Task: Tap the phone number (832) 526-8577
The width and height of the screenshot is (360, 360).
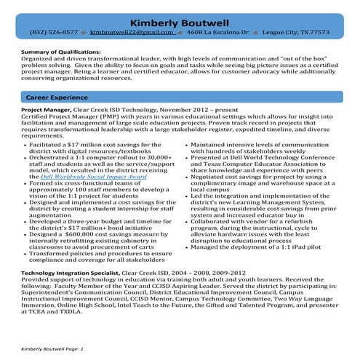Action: (x=54, y=33)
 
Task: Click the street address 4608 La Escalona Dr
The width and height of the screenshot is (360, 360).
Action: (x=217, y=33)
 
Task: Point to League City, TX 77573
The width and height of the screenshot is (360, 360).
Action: (x=297, y=33)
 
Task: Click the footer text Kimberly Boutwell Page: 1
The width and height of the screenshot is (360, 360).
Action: (x=53, y=349)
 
